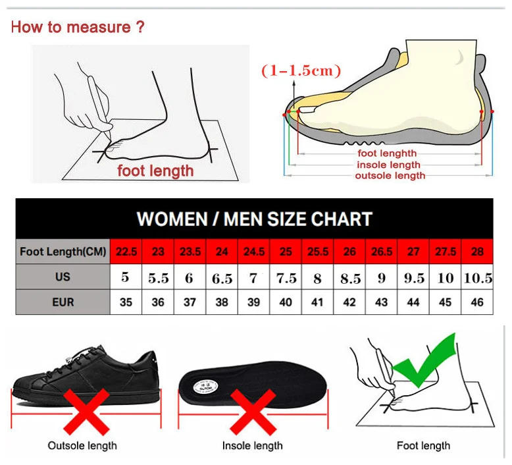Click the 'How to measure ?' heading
(x=78, y=28)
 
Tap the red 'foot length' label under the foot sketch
(x=155, y=171)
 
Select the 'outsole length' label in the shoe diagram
(x=390, y=176)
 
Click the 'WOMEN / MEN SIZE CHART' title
(x=254, y=219)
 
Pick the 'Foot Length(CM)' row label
(x=63, y=252)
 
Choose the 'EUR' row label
(x=63, y=302)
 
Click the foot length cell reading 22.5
(x=126, y=252)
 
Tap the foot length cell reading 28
(x=477, y=252)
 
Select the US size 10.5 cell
(x=477, y=278)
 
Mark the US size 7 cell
(x=253, y=278)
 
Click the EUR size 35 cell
(x=126, y=302)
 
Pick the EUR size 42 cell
(x=349, y=302)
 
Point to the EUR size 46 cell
(x=477, y=302)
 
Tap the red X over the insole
(x=253, y=412)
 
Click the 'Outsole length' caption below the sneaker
(x=82, y=446)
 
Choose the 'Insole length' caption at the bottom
(x=252, y=446)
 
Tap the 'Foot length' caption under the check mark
(x=423, y=446)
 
